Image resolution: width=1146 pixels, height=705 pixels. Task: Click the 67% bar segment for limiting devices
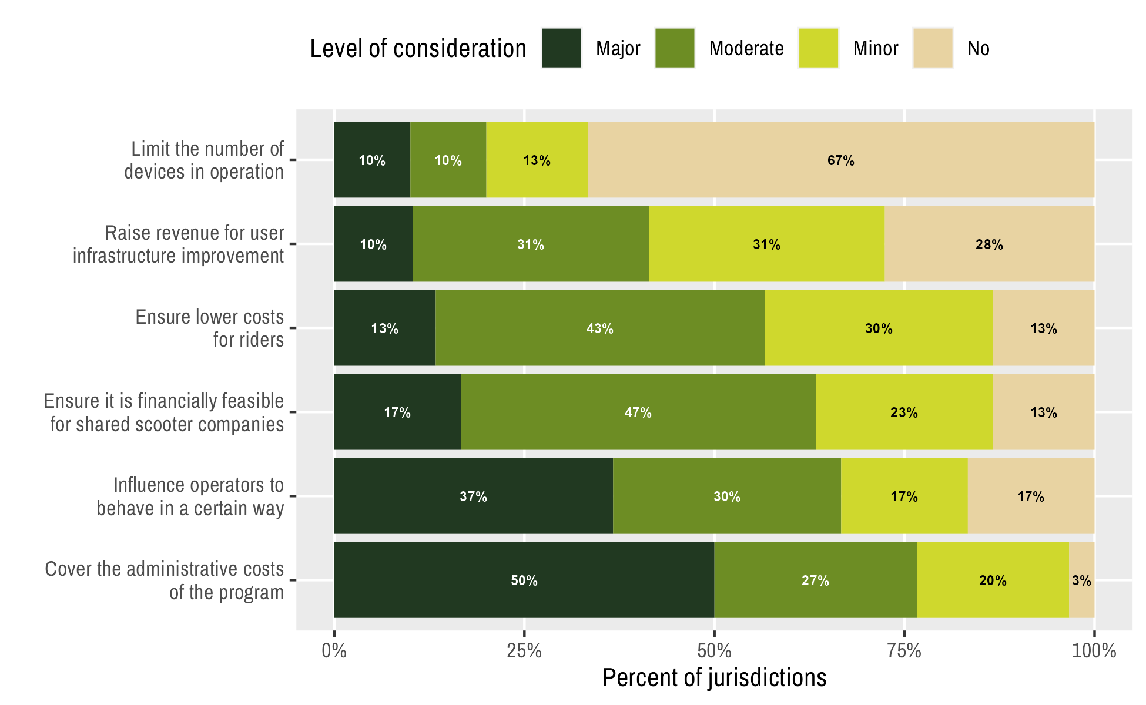(840, 160)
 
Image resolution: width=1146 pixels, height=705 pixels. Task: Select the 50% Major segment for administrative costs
(524, 580)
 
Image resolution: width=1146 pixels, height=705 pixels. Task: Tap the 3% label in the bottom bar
(1081, 580)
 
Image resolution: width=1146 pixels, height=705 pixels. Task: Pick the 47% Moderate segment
(638, 412)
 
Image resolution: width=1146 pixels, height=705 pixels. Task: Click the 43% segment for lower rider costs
(599, 328)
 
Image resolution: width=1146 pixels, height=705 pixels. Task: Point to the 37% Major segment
(473, 496)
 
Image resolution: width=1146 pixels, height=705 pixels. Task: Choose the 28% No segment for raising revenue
(989, 244)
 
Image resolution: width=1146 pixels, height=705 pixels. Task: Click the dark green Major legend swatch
(561, 48)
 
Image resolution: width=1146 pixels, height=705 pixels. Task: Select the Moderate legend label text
(746, 48)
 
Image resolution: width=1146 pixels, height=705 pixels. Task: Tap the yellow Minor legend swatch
(818, 48)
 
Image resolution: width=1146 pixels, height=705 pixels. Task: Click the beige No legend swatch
(933, 48)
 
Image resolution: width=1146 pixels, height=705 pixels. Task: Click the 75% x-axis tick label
(904, 651)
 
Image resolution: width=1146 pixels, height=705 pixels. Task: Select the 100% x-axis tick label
(1094, 651)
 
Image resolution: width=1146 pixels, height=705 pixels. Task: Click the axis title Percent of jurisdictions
(714, 677)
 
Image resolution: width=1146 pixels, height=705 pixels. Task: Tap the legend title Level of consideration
(418, 48)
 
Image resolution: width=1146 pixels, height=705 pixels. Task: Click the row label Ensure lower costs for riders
(210, 328)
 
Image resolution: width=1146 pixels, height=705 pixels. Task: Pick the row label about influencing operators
(190, 496)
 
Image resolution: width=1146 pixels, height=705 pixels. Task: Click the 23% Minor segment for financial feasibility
(904, 412)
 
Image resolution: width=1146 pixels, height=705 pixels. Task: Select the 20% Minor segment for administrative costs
(993, 580)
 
